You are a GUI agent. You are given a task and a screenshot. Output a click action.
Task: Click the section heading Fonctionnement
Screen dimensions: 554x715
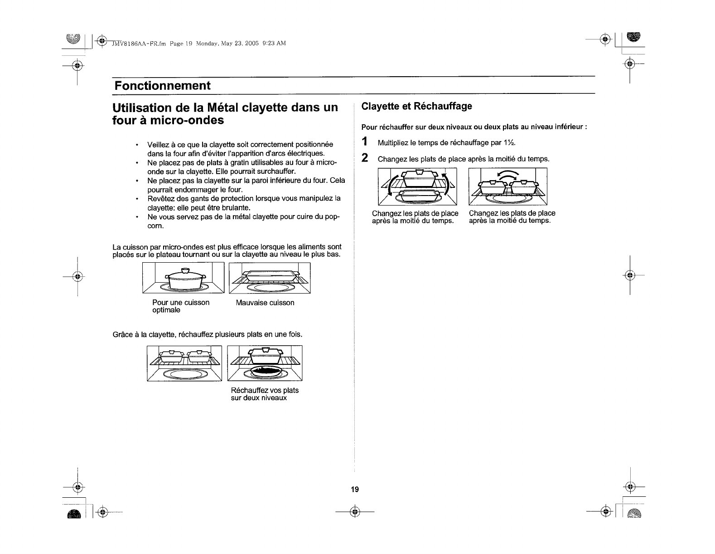coord(162,86)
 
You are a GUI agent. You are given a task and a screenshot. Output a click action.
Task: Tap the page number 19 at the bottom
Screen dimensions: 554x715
coord(354,489)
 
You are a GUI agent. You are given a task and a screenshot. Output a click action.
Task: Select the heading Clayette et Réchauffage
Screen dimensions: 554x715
coord(416,106)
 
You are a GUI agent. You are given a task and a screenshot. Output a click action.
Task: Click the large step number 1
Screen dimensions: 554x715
coord(364,142)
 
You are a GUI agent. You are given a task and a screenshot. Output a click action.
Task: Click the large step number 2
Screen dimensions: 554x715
coord(364,158)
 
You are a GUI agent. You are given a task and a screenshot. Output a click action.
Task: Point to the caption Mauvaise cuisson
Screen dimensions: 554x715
coord(265,303)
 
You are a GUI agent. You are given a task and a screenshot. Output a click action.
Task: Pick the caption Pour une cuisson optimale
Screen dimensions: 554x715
coord(181,306)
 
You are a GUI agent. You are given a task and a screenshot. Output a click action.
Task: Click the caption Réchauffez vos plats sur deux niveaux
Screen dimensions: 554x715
coord(265,394)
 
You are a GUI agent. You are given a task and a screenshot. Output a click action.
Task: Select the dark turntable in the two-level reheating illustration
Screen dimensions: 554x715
coord(265,372)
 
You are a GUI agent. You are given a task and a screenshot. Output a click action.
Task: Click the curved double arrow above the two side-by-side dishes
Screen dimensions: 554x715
coord(507,175)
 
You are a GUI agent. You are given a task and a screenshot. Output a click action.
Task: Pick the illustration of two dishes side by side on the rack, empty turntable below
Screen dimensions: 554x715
coord(184,363)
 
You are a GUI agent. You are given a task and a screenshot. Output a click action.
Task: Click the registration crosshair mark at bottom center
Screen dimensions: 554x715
coord(355,512)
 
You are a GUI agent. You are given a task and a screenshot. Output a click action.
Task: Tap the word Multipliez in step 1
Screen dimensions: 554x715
coord(392,143)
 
